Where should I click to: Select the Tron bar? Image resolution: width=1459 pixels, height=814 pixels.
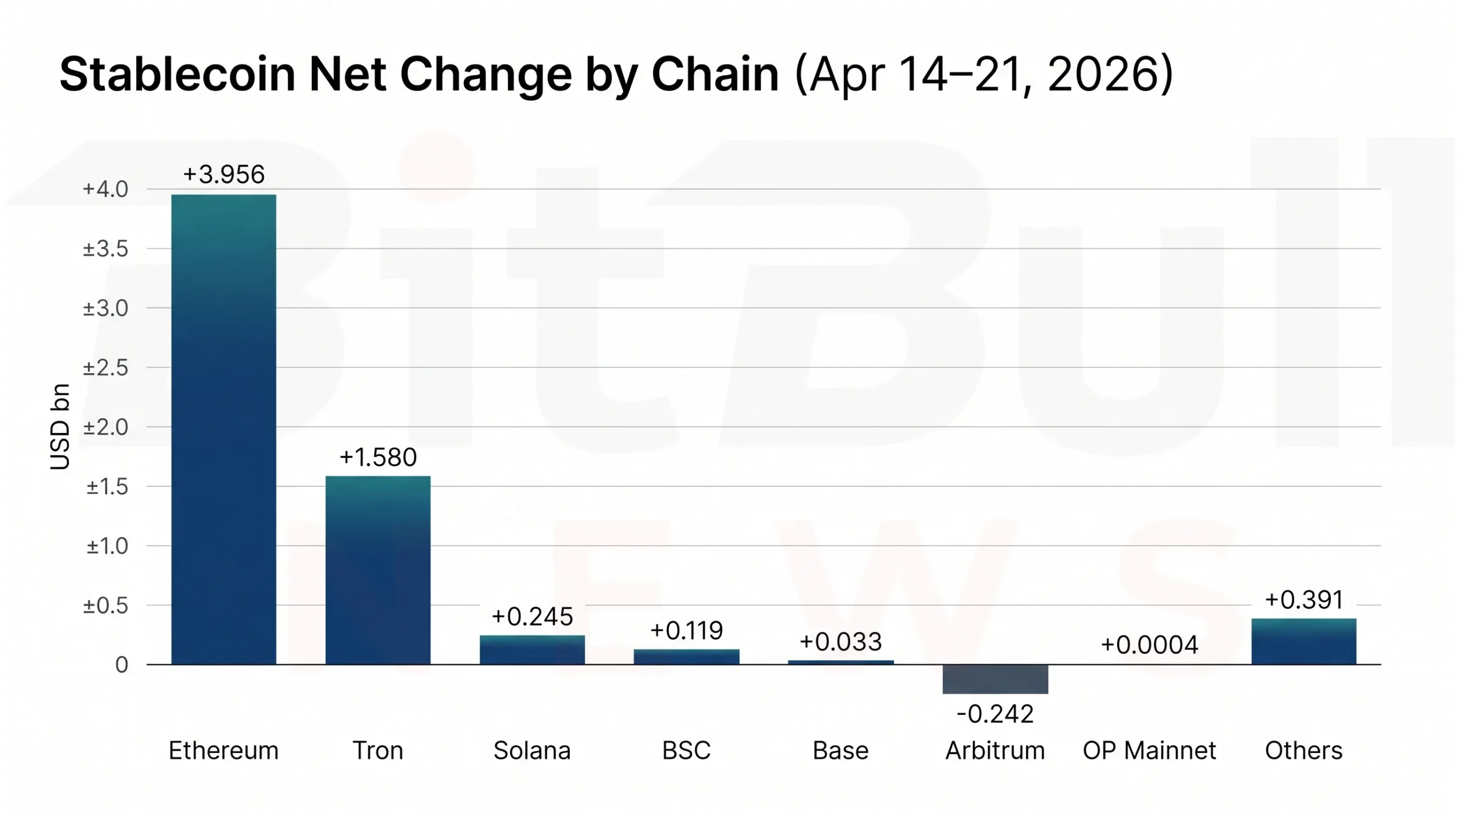tap(378, 570)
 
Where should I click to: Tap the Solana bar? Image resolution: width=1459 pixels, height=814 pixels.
tap(532, 650)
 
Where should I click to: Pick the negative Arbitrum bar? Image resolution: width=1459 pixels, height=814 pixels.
tap(995, 679)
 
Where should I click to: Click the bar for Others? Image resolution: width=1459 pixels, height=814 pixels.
tap(1303, 641)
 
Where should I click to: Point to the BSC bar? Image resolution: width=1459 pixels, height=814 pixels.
tap(686, 657)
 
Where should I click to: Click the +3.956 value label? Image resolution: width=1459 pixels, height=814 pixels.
tap(223, 174)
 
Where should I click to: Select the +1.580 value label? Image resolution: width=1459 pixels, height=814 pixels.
tap(378, 457)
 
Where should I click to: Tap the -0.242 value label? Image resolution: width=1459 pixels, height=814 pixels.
tap(995, 714)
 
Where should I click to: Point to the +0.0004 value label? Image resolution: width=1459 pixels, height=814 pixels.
tap(1150, 645)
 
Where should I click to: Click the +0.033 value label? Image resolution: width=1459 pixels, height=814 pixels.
tap(841, 642)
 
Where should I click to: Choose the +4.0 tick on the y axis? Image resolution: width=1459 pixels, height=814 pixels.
tap(105, 189)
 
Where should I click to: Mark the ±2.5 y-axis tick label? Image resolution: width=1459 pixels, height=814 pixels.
tap(105, 368)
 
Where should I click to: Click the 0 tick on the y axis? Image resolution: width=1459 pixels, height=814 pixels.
tap(121, 665)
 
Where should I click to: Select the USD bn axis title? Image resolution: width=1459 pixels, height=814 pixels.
tap(60, 427)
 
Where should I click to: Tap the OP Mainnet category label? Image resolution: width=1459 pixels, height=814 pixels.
tap(1150, 751)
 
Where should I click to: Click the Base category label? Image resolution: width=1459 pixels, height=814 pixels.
tap(841, 751)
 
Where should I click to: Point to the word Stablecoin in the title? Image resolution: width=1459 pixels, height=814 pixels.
tap(177, 74)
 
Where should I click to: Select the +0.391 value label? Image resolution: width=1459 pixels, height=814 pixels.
tap(1303, 600)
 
